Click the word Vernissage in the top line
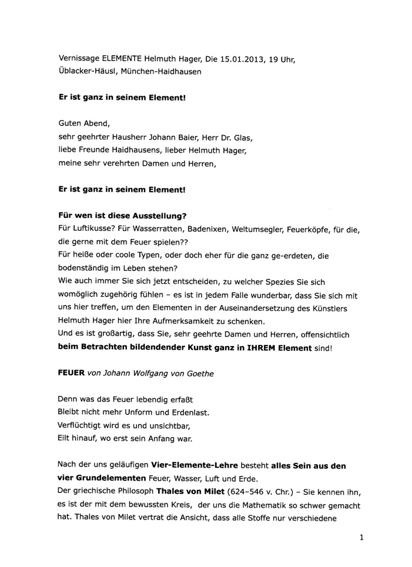point(79,59)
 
